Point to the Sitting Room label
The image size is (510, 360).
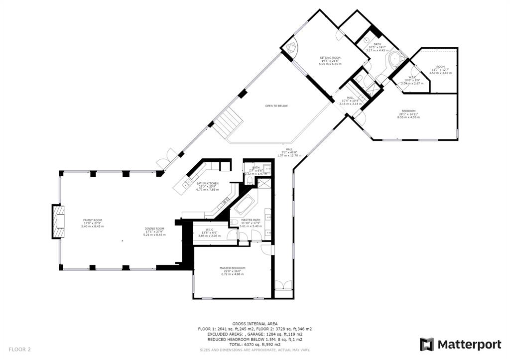tap(330, 58)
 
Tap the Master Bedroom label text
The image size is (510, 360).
tap(232, 268)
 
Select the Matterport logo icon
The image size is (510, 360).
tap(426, 345)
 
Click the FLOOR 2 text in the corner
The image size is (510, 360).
tap(20, 350)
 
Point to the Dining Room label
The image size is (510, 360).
tap(154, 229)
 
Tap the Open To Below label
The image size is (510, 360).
tap(276, 106)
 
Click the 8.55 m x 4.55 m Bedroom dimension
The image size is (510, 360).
tap(408, 117)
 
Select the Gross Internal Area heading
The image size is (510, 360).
tap(255, 324)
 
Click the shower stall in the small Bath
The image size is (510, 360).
tap(263, 183)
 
